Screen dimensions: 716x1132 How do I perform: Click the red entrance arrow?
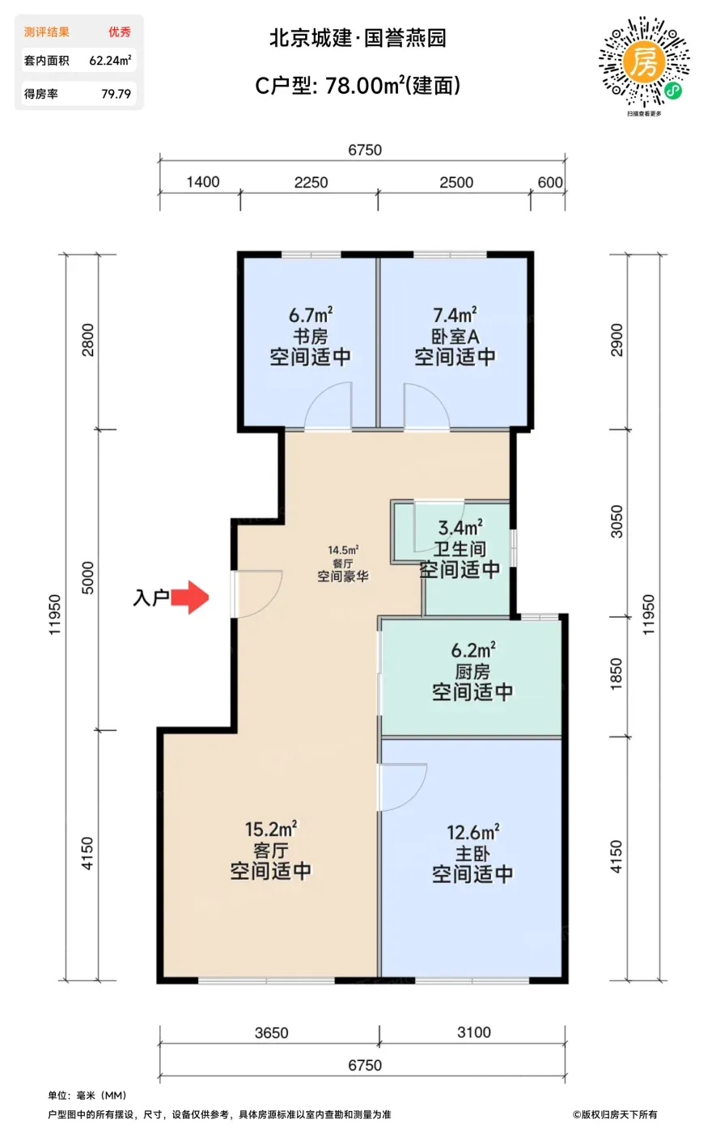pyautogui.click(x=190, y=598)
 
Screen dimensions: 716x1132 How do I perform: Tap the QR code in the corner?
pyautogui.click(x=644, y=62)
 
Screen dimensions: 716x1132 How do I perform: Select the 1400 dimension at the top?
pyautogui.click(x=203, y=182)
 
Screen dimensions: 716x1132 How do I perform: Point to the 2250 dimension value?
pyautogui.click(x=311, y=182)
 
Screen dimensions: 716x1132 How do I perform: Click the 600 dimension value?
pyautogui.click(x=550, y=182)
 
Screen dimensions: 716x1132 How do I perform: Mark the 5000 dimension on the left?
pyautogui.click(x=87, y=577)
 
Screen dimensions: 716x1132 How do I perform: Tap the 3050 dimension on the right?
pyautogui.click(x=616, y=522)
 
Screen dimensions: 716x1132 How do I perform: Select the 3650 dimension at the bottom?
pyautogui.click(x=272, y=1032)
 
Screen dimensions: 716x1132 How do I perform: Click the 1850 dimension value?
pyautogui.click(x=616, y=674)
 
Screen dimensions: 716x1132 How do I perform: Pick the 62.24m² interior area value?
pyautogui.click(x=110, y=60)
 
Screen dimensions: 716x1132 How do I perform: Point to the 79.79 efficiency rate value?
pyautogui.click(x=116, y=94)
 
